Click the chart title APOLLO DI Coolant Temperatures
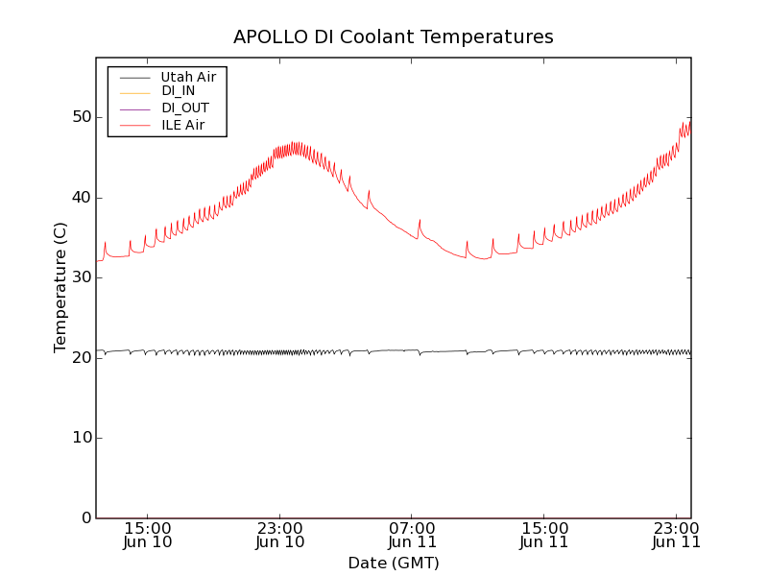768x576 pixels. click(394, 37)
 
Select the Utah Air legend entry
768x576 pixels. click(188, 77)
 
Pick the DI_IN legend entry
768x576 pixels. click(184, 91)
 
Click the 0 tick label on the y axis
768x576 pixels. click(84, 518)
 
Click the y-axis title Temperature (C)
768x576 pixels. click(60, 287)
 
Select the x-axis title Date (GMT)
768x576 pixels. click(394, 563)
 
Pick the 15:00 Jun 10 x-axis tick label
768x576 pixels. click(148, 535)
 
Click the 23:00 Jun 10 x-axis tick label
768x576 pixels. click(280, 535)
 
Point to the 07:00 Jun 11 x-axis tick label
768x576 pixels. click(412, 535)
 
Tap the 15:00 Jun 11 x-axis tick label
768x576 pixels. click(544, 535)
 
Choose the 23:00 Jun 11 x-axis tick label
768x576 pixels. click(676, 535)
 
